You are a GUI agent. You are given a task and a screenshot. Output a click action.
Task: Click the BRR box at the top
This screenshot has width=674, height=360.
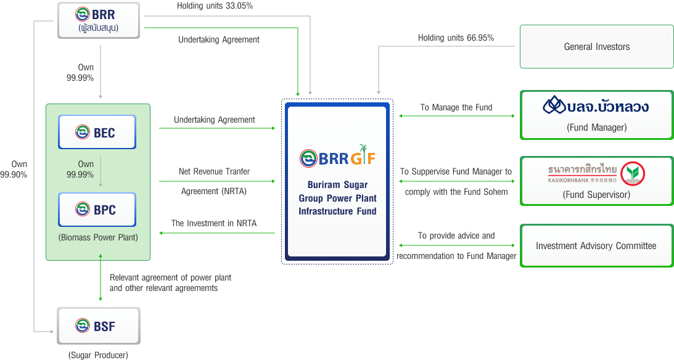(99, 19)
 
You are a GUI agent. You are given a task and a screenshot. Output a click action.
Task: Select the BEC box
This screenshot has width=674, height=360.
(97, 132)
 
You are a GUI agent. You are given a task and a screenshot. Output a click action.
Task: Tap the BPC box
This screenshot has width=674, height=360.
(97, 210)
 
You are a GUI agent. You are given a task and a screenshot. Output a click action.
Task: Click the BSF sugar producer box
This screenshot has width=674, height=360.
(99, 325)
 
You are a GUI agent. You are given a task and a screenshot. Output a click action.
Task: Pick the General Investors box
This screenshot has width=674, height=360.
(596, 46)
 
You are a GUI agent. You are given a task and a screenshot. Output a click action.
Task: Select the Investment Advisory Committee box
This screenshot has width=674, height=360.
(596, 246)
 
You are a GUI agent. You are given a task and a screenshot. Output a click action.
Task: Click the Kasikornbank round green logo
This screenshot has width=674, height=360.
(632, 173)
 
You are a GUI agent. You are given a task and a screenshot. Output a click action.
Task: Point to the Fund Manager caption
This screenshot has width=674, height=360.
(596, 128)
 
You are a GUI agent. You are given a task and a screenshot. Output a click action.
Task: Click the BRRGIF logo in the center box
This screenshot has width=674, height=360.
(337, 158)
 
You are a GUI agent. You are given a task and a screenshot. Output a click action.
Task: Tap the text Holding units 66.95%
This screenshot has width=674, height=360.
(456, 38)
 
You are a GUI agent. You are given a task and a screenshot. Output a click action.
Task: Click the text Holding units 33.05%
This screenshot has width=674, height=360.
(215, 6)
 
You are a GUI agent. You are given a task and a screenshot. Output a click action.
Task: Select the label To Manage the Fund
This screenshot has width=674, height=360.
(456, 107)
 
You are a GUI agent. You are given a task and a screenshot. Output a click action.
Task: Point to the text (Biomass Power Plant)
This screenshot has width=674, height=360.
(98, 237)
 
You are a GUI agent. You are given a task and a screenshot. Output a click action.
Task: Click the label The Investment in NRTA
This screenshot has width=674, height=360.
(214, 223)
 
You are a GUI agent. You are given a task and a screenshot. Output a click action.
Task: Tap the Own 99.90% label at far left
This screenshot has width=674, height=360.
(14, 170)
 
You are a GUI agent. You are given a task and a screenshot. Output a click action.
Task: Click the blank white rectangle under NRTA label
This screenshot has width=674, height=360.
(216, 241)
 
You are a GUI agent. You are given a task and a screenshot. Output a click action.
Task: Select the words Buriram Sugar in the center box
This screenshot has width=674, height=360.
(337, 185)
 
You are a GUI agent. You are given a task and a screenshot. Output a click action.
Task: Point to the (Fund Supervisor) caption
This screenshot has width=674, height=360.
(596, 195)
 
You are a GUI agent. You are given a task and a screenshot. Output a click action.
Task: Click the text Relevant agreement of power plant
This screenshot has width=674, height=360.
(170, 277)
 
